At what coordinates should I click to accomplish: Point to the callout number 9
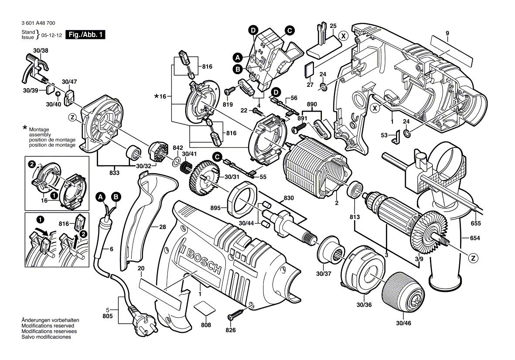[447, 33]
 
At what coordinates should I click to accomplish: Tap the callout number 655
[475, 223]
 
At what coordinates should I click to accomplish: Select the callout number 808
[206, 325]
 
